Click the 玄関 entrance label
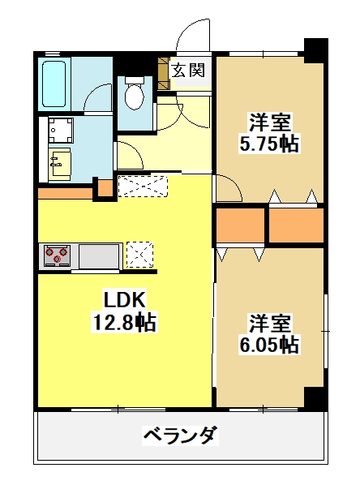(x=188, y=71)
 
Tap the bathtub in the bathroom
(x=54, y=84)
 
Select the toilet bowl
(x=135, y=92)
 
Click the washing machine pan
(x=61, y=131)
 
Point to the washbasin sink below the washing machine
(x=60, y=164)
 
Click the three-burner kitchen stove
(x=58, y=255)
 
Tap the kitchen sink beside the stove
(x=99, y=256)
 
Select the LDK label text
(x=124, y=300)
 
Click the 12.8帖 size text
(x=124, y=322)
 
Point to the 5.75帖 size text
(x=269, y=144)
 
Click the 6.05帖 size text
(x=269, y=345)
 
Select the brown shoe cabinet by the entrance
(x=164, y=74)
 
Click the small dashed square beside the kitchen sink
(x=140, y=255)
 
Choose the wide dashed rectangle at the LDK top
(x=143, y=187)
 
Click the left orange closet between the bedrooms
(x=240, y=225)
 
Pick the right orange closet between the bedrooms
(x=296, y=225)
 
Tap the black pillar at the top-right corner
(x=315, y=50)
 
